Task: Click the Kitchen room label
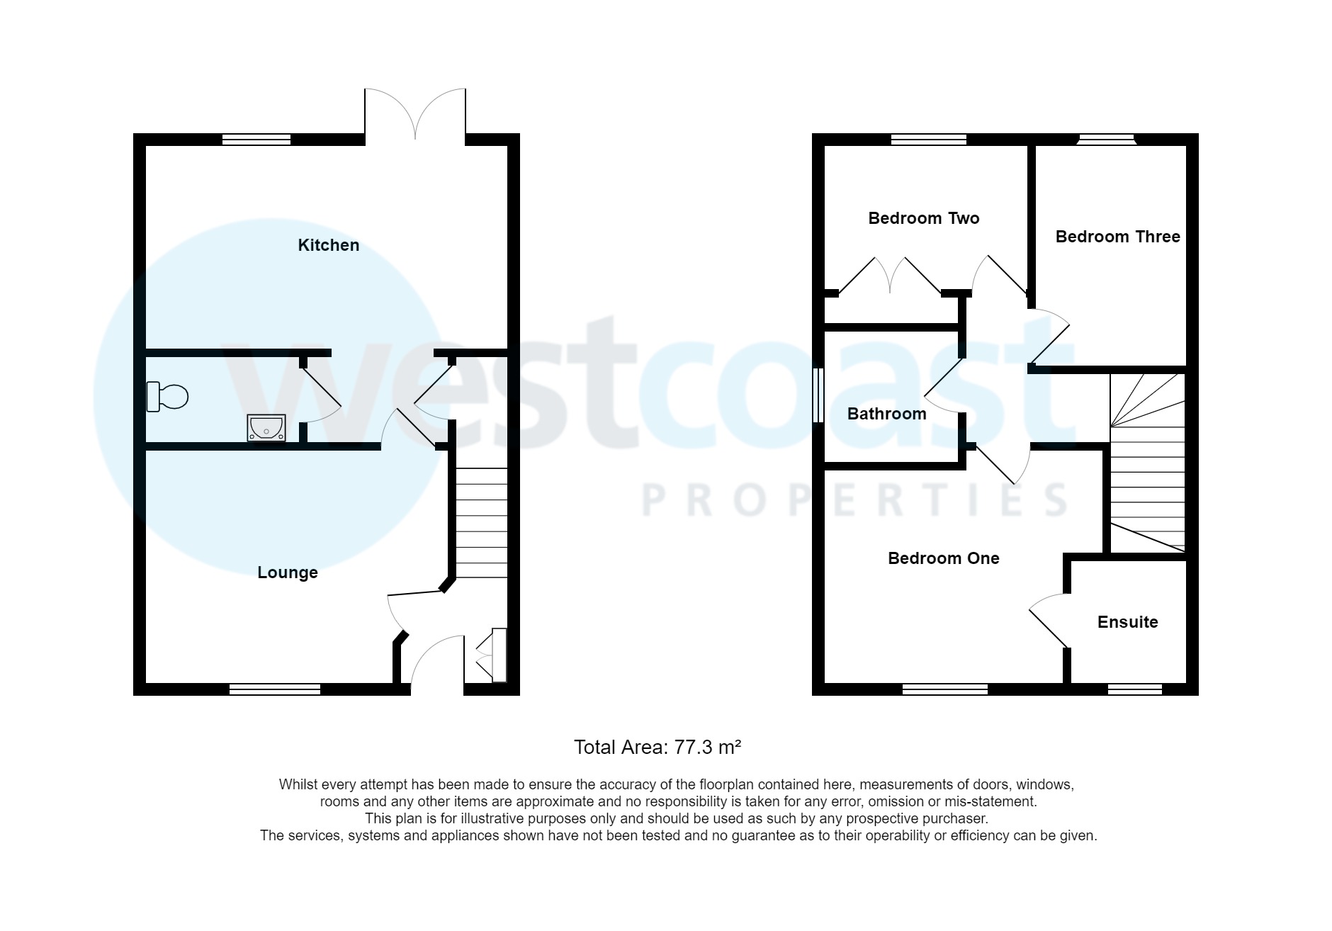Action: pyautogui.click(x=328, y=245)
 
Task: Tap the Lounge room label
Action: pyautogui.click(x=287, y=572)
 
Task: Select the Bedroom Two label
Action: pyautogui.click(x=923, y=218)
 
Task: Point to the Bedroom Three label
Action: pyautogui.click(x=1117, y=237)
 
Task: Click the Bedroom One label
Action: pyautogui.click(x=943, y=558)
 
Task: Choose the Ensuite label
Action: pyautogui.click(x=1127, y=622)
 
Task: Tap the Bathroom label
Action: pyautogui.click(x=886, y=414)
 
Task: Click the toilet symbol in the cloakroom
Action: pyautogui.click(x=167, y=397)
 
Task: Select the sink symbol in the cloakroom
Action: pyautogui.click(x=266, y=428)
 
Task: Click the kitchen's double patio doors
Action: pyautogui.click(x=415, y=113)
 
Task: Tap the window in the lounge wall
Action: pyautogui.click(x=275, y=689)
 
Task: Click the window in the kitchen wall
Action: pyautogui.click(x=256, y=140)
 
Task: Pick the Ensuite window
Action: pyautogui.click(x=1134, y=689)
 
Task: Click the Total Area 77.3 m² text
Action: pyautogui.click(x=657, y=747)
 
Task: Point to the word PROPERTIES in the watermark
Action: pyautogui.click(x=854, y=500)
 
